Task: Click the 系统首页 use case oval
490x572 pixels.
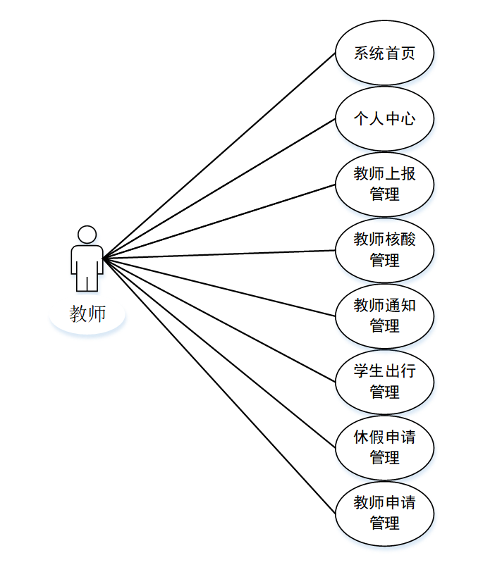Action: pyautogui.click(x=384, y=53)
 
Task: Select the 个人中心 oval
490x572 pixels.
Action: pyautogui.click(x=384, y=118)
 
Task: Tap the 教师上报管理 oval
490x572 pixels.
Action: pyautogui.click(x=384, y=184)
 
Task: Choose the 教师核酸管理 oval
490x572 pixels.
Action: pyautogui.click(x=384, y=249)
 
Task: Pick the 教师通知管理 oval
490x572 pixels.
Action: pyautogui.click(x=384, y=316)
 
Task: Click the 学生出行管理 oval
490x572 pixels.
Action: pyautogui.click(x=384, y=381)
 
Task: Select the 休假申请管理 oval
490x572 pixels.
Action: pyautogui.click(x=384, y=447)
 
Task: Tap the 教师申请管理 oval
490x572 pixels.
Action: pyautogui.click(x=384, y=513)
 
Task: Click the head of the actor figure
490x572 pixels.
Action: pyautogui.click(x=87, y=234)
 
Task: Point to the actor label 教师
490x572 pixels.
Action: pyautogui.click(x=87, y=313)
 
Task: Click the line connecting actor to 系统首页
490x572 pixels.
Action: pyautogui.click(x=219, y=156)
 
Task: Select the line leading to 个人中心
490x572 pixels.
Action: pyautogui.click(x=219, y=188)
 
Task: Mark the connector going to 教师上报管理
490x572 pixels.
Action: pyautogui.click(x=219, y=221)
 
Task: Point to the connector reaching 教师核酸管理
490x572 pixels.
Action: pyautogui.click(x=219, y=254)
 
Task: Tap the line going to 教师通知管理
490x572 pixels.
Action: pyautogui.click(x=219, y=287)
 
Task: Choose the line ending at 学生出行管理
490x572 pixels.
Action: pyautogui.click(x=219, y=320)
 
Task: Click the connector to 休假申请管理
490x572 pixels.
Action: pyautogui.click(x=219, y=352)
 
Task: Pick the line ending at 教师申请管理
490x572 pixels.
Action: pyautogui.click(x=219, y=385)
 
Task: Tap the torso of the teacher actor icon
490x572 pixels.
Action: pyautogui.click(x=87, y=259)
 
